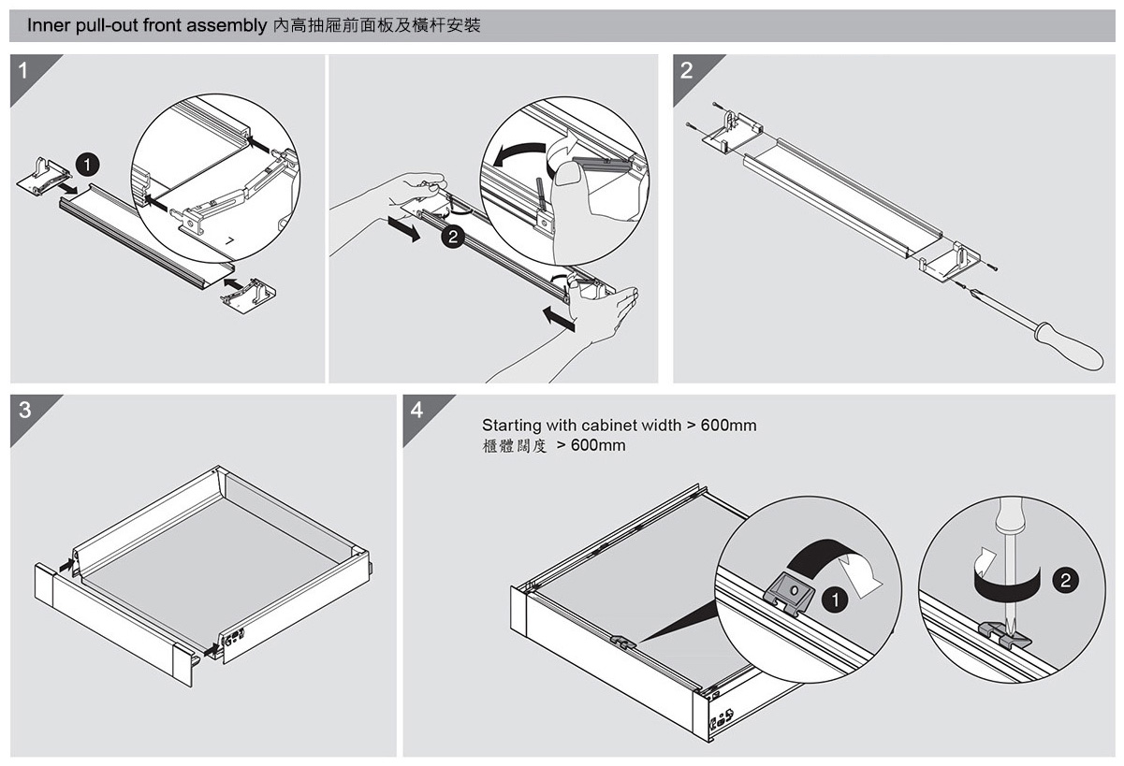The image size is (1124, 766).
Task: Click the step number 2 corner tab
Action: (688, 71)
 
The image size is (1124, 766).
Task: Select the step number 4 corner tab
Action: (417, 410)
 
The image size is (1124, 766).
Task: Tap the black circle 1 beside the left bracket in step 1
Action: (87, 166)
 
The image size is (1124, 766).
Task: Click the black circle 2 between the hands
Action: (453, 238)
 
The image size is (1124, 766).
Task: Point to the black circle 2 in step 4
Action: (1064, 581)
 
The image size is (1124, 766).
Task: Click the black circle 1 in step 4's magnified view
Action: (831, 599)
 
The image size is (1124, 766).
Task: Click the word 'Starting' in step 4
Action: (510, 426)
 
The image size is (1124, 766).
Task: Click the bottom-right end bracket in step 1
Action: (247, 294)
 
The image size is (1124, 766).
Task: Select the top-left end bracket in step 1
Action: (43, 174)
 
